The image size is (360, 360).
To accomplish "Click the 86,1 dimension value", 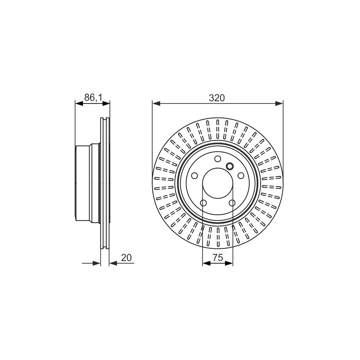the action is (x=93, y=98).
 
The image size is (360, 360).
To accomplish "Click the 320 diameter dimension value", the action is (x=217, y=98).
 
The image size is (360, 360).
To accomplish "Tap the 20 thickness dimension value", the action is (x=126, y=257).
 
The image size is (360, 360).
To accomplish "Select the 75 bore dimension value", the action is (x=217, y=257).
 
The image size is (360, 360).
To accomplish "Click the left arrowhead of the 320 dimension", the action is (x=156, y=103).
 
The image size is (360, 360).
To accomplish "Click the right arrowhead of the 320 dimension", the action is (x=279, y=103).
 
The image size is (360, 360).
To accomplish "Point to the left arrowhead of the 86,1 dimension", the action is (x=79, y=103).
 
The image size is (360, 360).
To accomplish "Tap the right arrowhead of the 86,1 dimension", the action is (x=106, y=103).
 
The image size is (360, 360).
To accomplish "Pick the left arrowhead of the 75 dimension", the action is (x=207, y=263).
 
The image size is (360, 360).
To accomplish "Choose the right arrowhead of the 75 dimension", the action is (x=229, y=263).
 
